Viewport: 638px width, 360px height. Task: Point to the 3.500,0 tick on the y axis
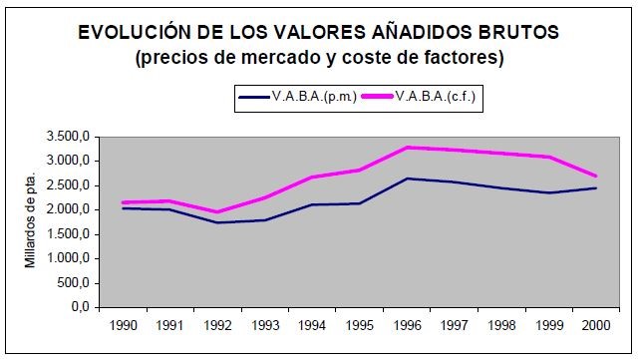click(x=70, y=137)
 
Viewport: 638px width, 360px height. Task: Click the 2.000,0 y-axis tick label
click(x=70, y=209)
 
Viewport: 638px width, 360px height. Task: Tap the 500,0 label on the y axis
click(x=76, y=283)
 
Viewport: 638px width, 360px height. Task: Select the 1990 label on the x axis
click(x=124, y=325)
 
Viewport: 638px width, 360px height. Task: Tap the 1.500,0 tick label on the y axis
click(x=70, y=234)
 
